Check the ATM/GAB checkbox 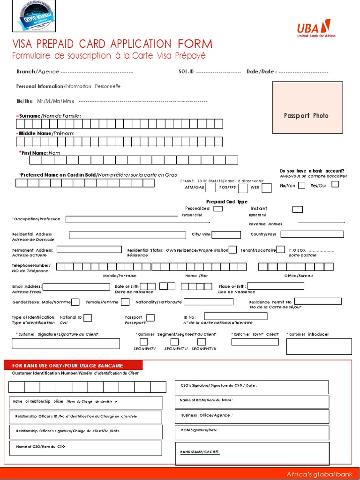tap(210, 188)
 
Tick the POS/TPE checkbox tap(243, 188)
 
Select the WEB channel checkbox tap(266, 188)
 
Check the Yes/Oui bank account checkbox tap(335, 184)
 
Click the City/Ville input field tap(226, 234)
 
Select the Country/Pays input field tap(312, 234)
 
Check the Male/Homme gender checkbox tap(75, 302)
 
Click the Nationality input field tap(209, 301)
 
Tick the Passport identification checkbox tap(150, 318)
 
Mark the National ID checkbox tap(88, 318)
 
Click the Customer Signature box tap(66, 344)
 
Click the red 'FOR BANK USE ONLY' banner tap(73, 366)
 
